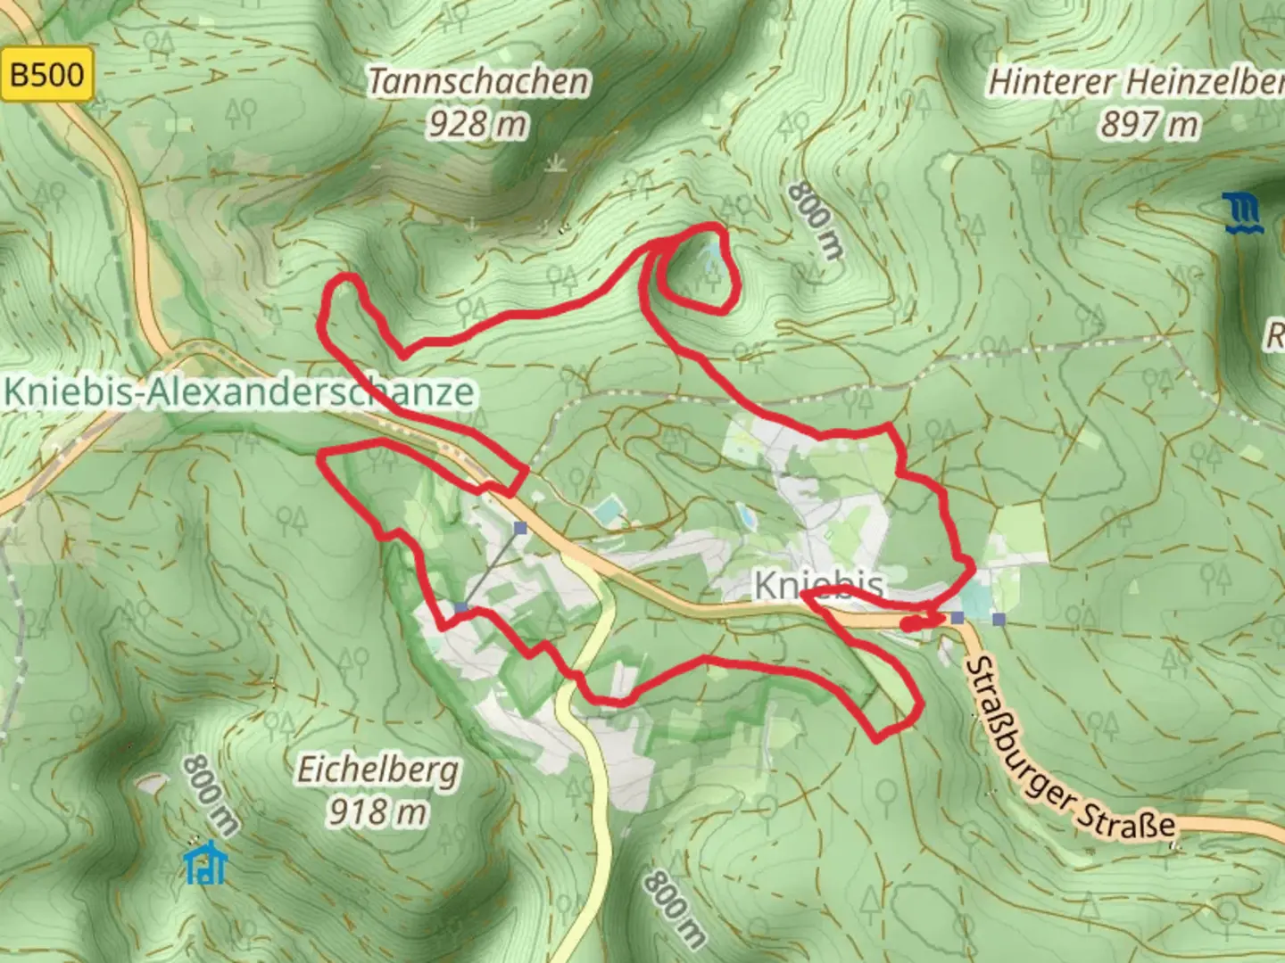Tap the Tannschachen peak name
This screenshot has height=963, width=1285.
(x=478, y=82)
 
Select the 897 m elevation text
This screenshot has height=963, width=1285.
(x=1149, y=124)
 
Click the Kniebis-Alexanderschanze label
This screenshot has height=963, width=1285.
(x=239, y=391)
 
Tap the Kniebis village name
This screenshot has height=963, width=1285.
(x=818, y=585)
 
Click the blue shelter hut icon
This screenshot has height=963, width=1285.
(x=206, y=862)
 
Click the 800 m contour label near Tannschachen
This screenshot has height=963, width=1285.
(x=815, y=221)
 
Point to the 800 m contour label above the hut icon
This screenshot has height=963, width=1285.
(x=210, y=794)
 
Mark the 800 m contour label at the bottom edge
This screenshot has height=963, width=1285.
(x=674, y=909)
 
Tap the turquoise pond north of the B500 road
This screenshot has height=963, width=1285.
(x=608, y=511)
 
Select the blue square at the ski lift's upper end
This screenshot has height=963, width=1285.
(x=520, y=529)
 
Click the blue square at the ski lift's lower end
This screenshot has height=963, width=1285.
(x=460, y=607)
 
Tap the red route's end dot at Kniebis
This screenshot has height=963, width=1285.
(x=907, y=625)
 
